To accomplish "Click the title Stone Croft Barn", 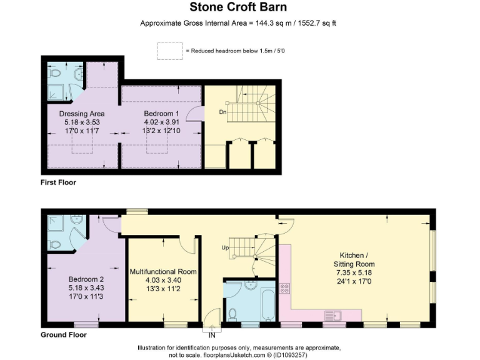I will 239,8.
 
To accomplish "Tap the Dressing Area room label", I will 82,114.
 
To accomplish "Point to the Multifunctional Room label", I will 163,272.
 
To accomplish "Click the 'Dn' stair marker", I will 222,112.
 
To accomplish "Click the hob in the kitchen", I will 284,288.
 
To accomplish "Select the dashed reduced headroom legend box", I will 169,51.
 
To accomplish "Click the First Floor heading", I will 58,182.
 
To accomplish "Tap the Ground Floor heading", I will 63,335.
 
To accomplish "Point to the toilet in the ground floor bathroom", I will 233,312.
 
